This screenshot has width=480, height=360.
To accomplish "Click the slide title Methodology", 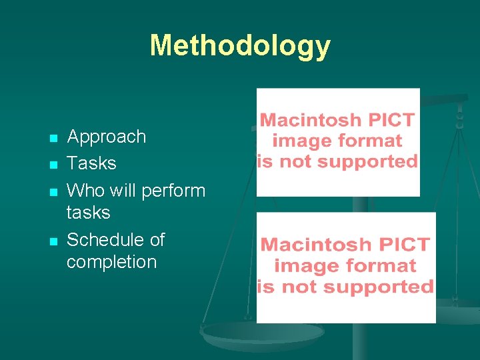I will [240, 45].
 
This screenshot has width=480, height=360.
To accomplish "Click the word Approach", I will [107, 137].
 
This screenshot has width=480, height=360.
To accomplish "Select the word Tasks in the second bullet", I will [91, 163].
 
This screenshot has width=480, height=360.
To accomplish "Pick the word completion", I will [111, 262].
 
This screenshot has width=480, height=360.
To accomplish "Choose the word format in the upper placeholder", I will [369, 141].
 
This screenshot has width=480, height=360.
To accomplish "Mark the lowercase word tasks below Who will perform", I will [88, 213].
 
